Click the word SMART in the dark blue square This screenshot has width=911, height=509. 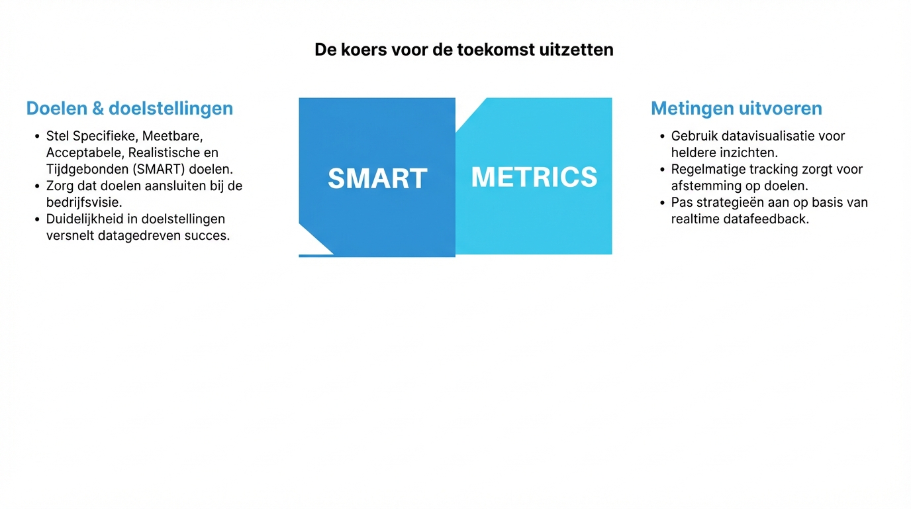[377, 178]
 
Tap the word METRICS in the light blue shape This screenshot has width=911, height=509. [534, 177]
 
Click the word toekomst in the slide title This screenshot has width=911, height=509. [496, 50]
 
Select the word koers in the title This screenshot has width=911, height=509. [363, 50]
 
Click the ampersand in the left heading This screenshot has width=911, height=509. [98, 108]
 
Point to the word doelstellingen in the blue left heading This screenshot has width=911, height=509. [171, 109]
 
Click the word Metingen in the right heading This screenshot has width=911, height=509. [693, 109]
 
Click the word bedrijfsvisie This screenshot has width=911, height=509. [84, 202]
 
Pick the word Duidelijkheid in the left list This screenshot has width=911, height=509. [85, 219]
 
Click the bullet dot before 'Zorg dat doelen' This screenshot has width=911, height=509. [38, 186]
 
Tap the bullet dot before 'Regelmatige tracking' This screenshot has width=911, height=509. [663, 170]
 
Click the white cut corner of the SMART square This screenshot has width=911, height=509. [311, 243]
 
